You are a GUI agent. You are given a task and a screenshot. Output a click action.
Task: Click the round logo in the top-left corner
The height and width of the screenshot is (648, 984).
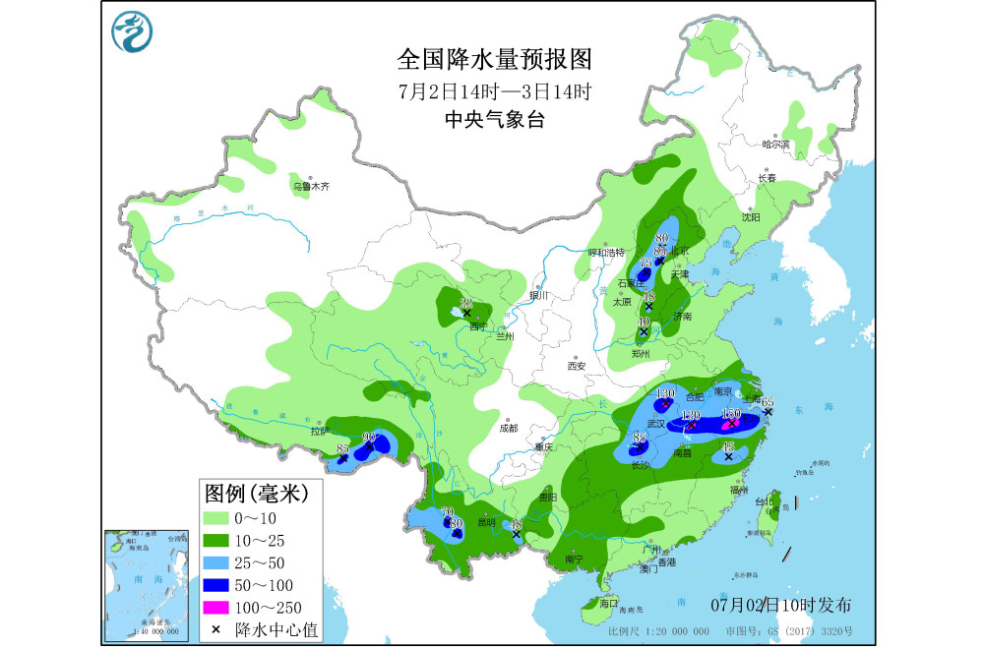(133, 35)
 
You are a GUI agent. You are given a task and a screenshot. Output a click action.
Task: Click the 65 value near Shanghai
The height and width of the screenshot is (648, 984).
(768, 401)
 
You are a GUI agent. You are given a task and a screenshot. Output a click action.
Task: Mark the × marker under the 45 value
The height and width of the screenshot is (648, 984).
(728, 457)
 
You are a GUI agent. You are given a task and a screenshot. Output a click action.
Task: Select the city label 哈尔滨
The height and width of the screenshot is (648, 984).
(776, 145)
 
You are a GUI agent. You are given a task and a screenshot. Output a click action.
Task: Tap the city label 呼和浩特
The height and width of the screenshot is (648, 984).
(606, 253)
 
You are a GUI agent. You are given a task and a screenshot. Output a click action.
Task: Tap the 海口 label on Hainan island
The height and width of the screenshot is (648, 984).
(608, 602)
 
